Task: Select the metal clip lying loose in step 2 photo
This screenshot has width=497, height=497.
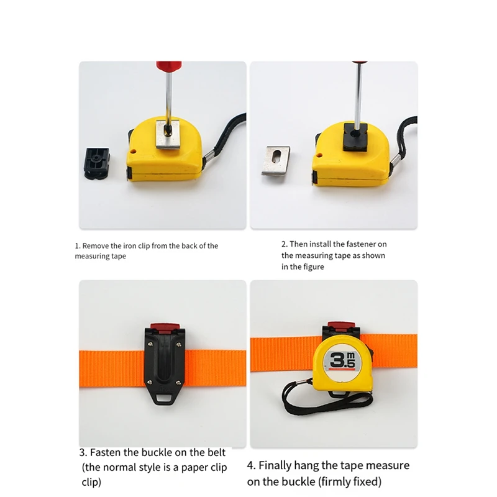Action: pyautogui.click(x=276, y=160)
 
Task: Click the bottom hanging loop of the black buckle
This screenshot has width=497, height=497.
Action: pyautogui.click(x=163, y=398)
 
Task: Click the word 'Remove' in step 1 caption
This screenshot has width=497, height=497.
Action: pyautogui.click(x=96, y=246)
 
